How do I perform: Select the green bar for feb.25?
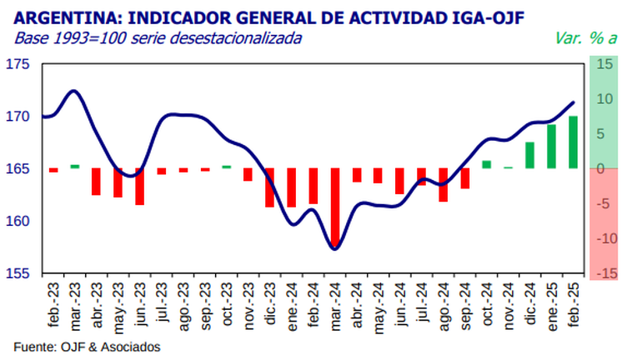(573, 142)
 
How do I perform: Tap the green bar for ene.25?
(551, 147)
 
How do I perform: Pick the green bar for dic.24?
(529, 155)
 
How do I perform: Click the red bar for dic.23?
(270, 187)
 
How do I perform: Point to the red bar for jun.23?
(140, 186)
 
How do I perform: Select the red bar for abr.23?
(97, 182)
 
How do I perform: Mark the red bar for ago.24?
(443, 185)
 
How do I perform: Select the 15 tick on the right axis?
(605, 64)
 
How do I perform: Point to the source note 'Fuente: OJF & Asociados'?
(87, 347)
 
